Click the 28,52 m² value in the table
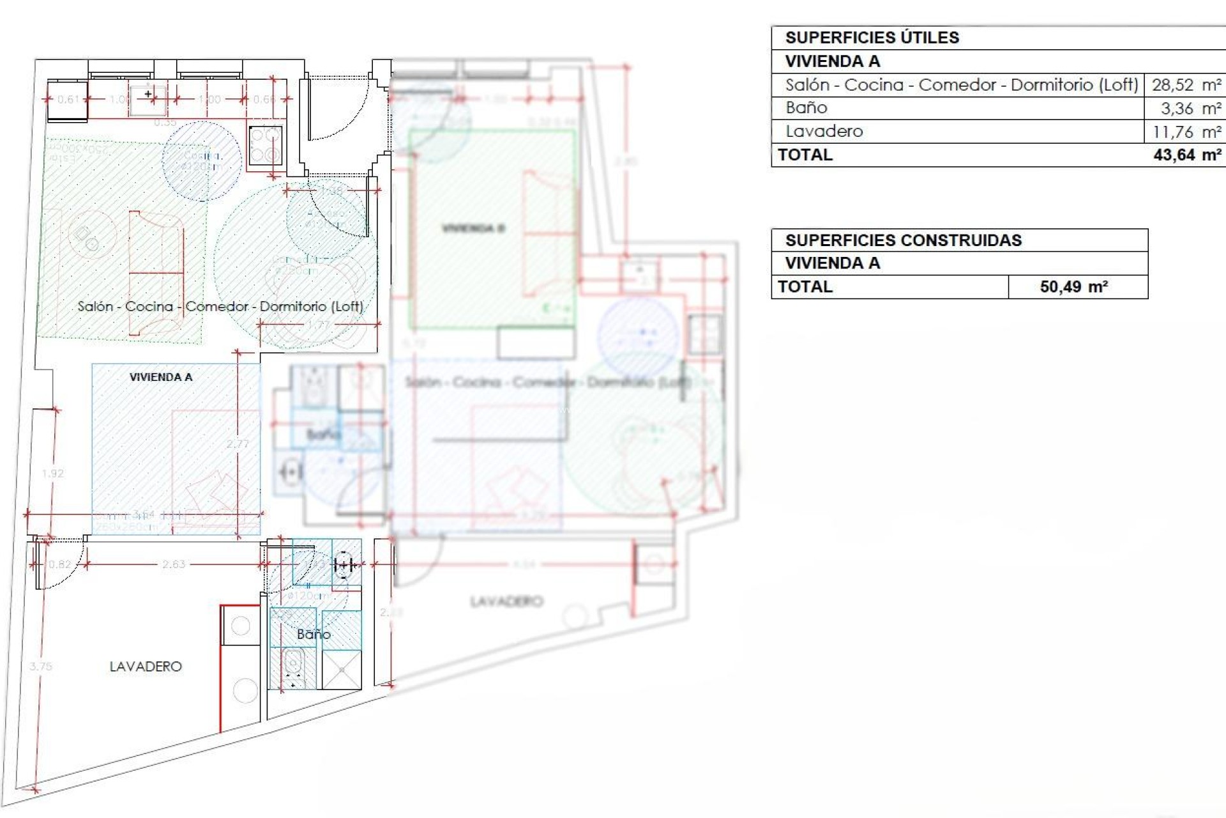(1186, 85)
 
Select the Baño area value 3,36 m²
(1190, 109)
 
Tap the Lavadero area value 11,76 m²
(1186, 132)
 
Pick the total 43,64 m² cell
(1186, 155)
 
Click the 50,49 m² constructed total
(1073, 287)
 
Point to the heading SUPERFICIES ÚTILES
(872, 38)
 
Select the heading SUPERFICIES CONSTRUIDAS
(903, 240)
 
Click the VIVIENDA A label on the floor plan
(161, 377)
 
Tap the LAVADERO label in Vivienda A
(146, 667)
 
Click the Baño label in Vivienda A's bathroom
(314, 635)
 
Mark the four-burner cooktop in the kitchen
(265, 146)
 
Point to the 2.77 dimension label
(238, 444)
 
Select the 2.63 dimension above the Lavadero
(174, 564)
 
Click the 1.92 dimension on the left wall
(52, 474)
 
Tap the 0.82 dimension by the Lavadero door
(60, 564)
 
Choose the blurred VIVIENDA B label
(473, 228)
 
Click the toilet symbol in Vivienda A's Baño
(293, 665)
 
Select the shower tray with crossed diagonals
(342, 669)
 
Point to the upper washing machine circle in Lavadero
(241, 626)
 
